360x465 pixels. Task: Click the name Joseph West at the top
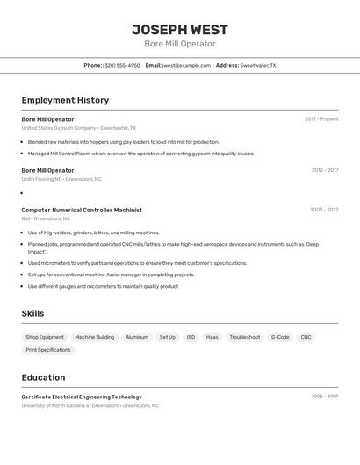point(179,28)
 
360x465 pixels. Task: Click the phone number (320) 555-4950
point(121,65)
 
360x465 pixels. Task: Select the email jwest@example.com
point(186,65)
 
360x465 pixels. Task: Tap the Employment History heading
point(65,100)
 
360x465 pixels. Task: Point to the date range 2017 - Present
point(321,119)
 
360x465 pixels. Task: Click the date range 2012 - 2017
point(324,170)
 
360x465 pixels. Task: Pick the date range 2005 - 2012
point(324,210)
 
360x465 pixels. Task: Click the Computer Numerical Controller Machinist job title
point(82,210)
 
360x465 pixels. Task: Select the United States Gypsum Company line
point(78,128)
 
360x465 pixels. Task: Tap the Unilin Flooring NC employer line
point(61,179)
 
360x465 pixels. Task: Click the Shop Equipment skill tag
point(45,337)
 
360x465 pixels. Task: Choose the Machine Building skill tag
point(94,337)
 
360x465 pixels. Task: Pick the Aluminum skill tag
point(137,337)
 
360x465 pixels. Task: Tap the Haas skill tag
point(212,337)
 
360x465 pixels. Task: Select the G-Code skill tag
point(280,337)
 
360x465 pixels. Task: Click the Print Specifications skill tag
point(48,350)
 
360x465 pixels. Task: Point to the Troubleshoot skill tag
point(245,337)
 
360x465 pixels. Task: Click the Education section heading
point(43,377)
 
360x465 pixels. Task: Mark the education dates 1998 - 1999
point(325,397)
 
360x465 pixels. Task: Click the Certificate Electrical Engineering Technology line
point(82,397)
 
